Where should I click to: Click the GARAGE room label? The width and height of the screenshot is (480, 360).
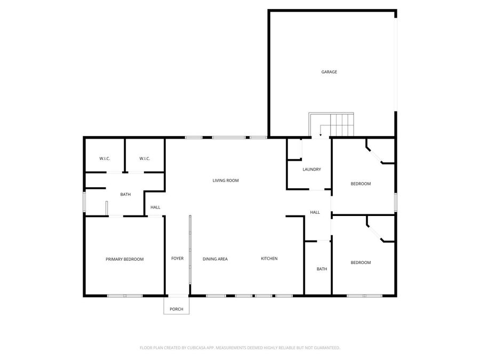tap(329, 72)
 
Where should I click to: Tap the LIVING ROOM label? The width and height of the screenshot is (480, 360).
tap(226, 181)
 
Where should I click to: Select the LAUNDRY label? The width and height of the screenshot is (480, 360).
tap(311, 170)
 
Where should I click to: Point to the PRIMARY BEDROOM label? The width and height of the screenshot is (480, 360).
tap(124, 259)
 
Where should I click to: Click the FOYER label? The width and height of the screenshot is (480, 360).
tap(177, 259)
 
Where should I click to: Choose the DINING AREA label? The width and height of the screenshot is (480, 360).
tap(215, 259)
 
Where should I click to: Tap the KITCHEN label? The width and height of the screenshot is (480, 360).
tap(269, 259)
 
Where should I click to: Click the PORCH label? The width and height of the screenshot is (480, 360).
tap(176, 309)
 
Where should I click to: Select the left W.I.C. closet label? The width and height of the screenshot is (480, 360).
tap(105, 158)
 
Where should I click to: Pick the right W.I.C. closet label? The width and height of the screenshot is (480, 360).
tap(145, 158)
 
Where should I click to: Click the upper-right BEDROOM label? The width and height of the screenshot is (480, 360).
tap(361, 184)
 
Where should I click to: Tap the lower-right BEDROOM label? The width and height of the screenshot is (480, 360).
tap(361, 262)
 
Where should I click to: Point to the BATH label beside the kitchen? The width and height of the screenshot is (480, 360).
tap(322, 269)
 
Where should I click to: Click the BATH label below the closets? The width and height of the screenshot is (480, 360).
tap(125, 195)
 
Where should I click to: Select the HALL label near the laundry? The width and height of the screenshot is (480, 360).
tap(315, 213)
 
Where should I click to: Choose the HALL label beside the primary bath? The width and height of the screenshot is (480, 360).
tap(155, 207)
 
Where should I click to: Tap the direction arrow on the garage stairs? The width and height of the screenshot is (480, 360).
tap(320, 130)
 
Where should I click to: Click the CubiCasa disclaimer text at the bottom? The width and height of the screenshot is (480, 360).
tap(239, 348)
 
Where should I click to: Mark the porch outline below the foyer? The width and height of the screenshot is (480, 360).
tap(176, 305)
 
